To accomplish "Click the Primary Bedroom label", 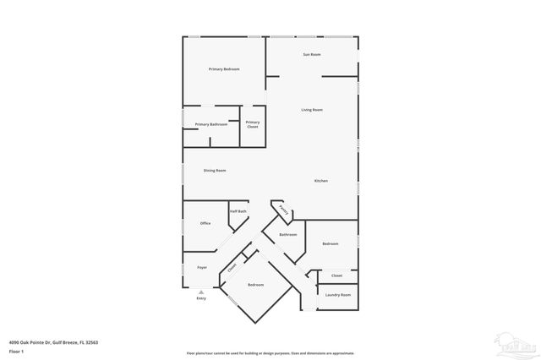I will tap(225, 68).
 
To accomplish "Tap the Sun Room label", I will tap(312, 55).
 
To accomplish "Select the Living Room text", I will tap(312, 110).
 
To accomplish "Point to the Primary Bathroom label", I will tap(211, 124).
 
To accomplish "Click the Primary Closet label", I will tap(253, 124).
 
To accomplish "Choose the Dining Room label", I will tap(215, 171).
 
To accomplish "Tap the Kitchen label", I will tap(321, 181).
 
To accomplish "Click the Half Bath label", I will tap(238, 211).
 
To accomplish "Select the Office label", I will tap(205, 223).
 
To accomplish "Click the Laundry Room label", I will tap(338, 294).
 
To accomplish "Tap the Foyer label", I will tap(202, 267).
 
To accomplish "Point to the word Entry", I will tap(201, 298).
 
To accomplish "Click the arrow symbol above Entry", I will tap(201, 292).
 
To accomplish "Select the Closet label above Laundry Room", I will tap(336, 275).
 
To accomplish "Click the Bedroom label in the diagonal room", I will tap(255, 285).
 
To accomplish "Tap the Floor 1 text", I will tap(17, 350).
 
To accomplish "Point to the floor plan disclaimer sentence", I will tap(270, 353).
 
